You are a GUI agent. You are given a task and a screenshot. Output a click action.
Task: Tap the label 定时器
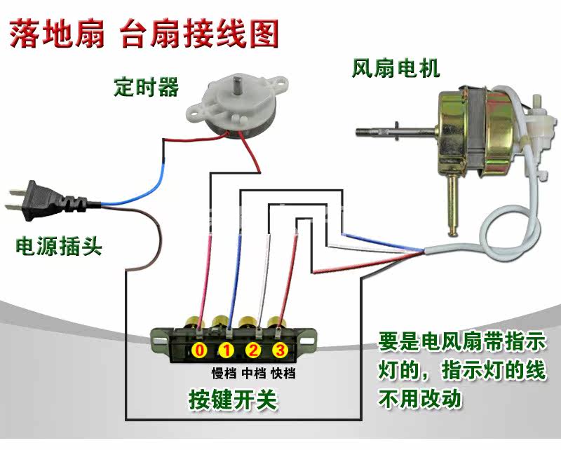(x=146, y=88)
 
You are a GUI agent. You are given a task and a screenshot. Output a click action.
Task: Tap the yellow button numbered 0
(x=201, y=349)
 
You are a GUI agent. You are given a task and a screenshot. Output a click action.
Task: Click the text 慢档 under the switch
(x=226, y=372)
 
